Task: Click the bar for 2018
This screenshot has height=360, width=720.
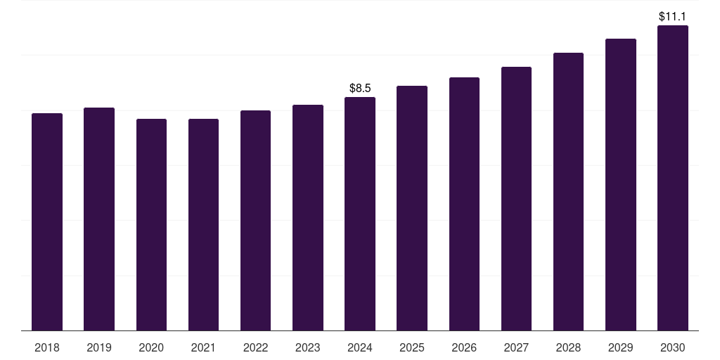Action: point(47,221)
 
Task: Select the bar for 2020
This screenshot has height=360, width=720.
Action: point(151,224)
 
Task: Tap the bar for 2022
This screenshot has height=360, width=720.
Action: point(255,220)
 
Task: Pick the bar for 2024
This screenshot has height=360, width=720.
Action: point(360,214)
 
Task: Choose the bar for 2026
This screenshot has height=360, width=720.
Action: point(464,204)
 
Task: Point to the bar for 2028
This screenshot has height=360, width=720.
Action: point(568,191)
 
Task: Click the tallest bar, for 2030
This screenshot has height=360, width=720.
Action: point(673,178)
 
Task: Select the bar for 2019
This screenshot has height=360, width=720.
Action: point(99,219)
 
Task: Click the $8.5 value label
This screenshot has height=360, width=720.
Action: point(360,88)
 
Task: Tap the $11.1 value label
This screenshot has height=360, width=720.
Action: point(673,16)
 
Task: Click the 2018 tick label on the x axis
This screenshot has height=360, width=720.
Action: point(47,347)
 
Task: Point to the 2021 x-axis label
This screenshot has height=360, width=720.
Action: point(203,347)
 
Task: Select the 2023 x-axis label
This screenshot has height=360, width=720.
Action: point(308,347)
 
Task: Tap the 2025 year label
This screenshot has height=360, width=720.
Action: point(412,347)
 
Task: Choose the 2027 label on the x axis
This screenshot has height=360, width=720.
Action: point(516,347)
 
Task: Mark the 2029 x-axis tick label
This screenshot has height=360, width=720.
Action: point(621,347)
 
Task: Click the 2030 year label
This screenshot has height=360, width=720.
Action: point(673,347)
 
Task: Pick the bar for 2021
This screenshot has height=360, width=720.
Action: point(203,224)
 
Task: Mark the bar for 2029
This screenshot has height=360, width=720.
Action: point(621,184)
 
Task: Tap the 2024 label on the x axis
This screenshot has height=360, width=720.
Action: point(360,347)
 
